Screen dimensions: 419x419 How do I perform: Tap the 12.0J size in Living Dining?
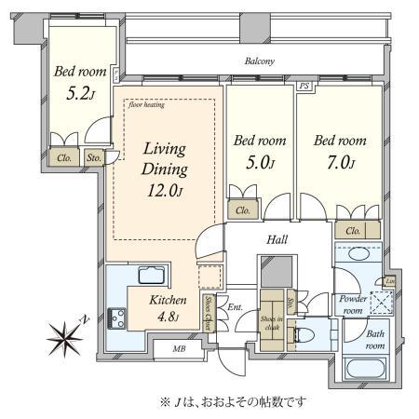165,192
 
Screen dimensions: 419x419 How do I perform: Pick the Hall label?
277,239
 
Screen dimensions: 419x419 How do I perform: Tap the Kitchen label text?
169,301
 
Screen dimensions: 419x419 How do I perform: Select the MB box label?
179,350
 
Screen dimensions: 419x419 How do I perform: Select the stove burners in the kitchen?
118,316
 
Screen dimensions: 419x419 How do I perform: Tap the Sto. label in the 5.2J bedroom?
94,159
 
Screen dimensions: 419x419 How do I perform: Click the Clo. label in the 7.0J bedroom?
353,231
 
